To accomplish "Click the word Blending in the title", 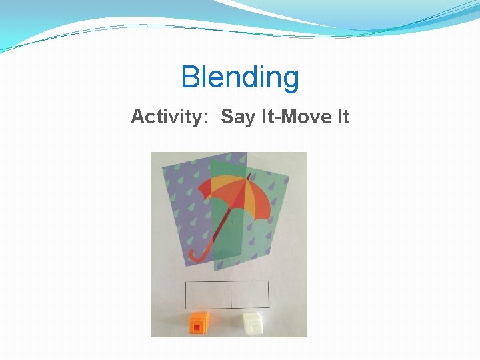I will click(x=240, y=77).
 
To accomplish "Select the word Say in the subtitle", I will click(x=237, y=117).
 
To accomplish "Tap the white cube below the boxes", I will click(x=254, y=323).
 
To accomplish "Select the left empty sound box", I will click(x=208, y=294).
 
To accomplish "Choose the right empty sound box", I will click(x=249, y=294).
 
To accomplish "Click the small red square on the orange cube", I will click(x=197, y=327).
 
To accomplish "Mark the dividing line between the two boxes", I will click(x=230, y=294).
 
